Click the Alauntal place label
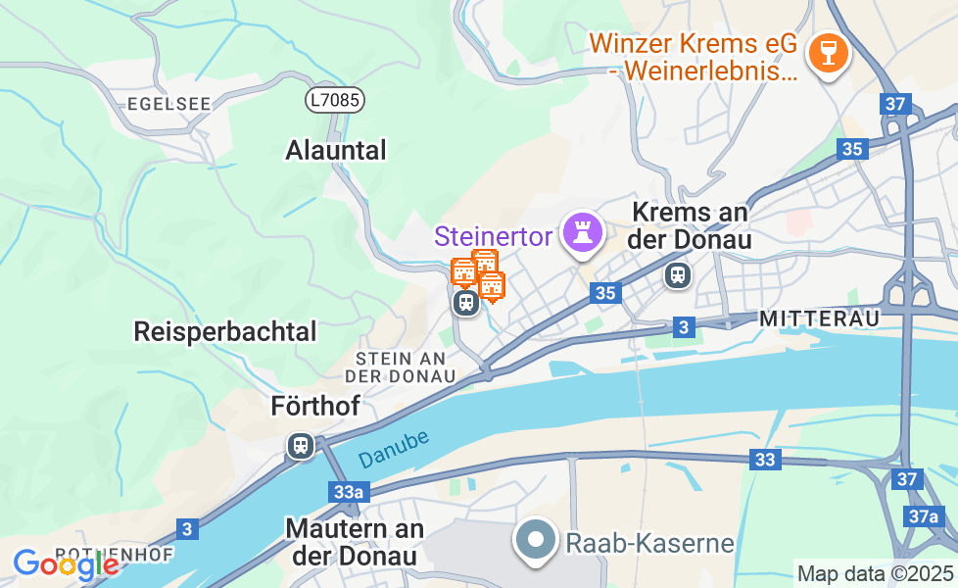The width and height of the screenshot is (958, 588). (336, 151)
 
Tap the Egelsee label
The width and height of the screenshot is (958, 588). (156, 103)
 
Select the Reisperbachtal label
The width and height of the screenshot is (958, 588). (225, 332)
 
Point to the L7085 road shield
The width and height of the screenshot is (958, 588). (334, 99)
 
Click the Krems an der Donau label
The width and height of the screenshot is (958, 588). (692, 225)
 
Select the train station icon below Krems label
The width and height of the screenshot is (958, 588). (677, 275)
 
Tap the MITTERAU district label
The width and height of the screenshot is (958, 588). (819, 319)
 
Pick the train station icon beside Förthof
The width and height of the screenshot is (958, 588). (301, 446)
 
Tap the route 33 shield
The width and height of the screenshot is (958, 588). (765, 459)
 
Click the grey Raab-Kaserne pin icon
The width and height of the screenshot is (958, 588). (536, 539)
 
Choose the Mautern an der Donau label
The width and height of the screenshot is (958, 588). (355, 542)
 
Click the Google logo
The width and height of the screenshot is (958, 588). (65, 564)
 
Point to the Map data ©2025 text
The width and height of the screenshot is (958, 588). (875, 574)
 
